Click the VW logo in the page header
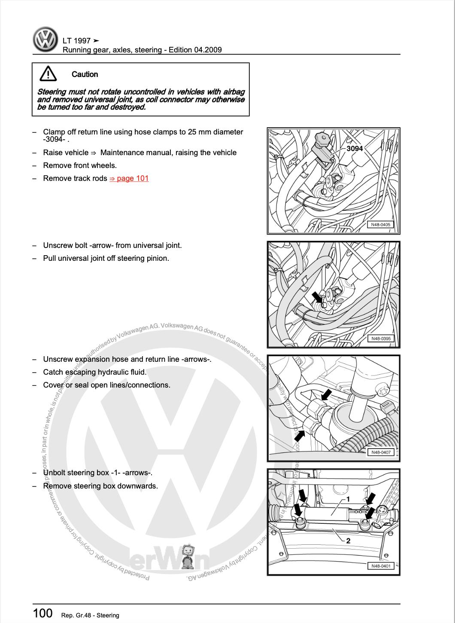tap(45, 40)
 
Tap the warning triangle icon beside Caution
tap(48, 74)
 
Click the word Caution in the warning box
tap(85, 74)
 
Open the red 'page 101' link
tap(129, 178)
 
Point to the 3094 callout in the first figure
tap(355, 149)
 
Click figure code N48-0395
tap(381, 339)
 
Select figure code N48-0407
tap(381, 452)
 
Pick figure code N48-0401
tap(381, 566)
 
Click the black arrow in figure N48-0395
tap(317, 297)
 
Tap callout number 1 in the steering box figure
tap(348, 499)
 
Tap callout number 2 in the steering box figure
tap(348, 541)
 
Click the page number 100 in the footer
tap(43, 613)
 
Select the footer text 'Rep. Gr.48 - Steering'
tap(90, 616)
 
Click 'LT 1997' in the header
tap(77, 41)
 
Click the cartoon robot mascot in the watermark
tap(188, 556)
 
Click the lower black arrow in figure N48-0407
tap(300, 435)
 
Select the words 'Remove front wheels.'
tap(80, 165)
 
